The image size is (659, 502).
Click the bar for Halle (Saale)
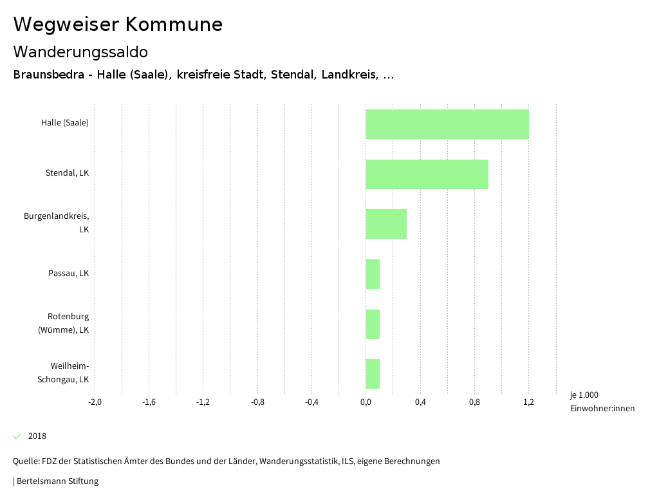point(447,124)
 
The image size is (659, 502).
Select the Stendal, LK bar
point(427,174)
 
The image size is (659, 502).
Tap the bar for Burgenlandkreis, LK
point(386,224)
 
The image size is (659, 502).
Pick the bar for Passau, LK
point(373,274)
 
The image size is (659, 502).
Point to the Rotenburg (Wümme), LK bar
point(373,324)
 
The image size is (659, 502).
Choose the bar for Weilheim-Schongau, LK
point(373,374)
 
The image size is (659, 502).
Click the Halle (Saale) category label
point(65,123)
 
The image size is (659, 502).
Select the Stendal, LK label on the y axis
point(67,173)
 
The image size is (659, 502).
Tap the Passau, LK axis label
point(68,273)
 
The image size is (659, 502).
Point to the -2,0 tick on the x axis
point(95,402)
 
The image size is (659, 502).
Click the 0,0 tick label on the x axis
point(366,402)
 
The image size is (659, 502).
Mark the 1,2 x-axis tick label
point(528,402)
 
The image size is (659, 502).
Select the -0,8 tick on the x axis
point(257,402)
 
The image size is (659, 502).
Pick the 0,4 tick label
point(420,402)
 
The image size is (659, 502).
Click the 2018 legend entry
point(37,436)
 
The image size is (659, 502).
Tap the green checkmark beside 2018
point(17,436)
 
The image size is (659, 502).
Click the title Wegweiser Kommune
point(118,24)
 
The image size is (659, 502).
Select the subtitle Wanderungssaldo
point(80,51)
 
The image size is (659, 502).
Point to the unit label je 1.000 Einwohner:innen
point(602,402)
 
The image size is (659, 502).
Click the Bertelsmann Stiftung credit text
point(57,481)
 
